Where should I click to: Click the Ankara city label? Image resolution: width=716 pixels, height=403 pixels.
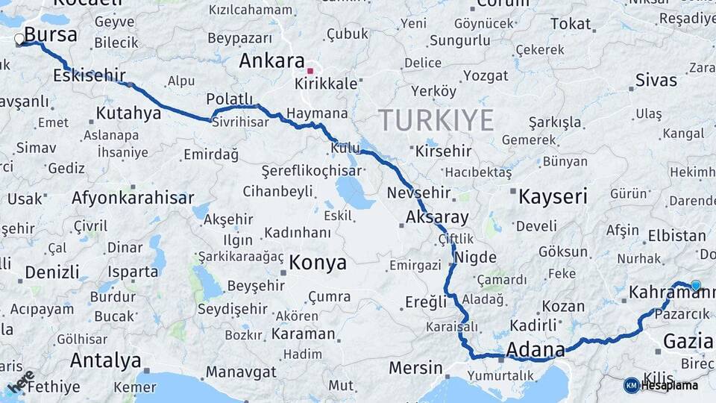tap(271, 61)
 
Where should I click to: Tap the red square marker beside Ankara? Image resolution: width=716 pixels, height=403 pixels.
tap(310, 71)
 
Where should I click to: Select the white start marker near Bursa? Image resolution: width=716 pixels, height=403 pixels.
tap(19, 39)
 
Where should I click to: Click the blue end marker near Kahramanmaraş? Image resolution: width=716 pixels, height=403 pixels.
tap(696, 285)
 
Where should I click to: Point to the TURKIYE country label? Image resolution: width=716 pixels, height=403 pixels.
tap(436, 119)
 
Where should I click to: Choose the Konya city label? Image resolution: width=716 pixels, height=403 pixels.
tap(318, 263)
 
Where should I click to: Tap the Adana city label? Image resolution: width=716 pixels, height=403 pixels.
tap(535, 349)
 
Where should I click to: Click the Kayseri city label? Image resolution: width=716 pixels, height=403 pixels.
tap(553, 196)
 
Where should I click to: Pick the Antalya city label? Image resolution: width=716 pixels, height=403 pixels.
tap(105, 360)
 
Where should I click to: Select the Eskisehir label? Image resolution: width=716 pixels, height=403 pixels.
tap(89, 75)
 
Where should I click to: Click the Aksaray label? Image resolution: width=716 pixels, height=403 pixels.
tap(437, 218)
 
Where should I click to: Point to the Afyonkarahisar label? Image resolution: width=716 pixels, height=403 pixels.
tap(133, 198)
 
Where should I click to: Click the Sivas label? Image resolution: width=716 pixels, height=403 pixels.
tap(656, 80)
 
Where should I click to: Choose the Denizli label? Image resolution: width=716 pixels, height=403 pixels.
tap(51, 271)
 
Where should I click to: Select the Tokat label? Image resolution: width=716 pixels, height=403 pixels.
tap(570, 24)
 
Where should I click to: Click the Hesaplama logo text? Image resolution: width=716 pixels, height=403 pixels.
tap(668, 385)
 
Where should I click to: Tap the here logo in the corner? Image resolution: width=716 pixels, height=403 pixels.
tap(20, 381)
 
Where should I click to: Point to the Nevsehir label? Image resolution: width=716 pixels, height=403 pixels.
tap(418, 193)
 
